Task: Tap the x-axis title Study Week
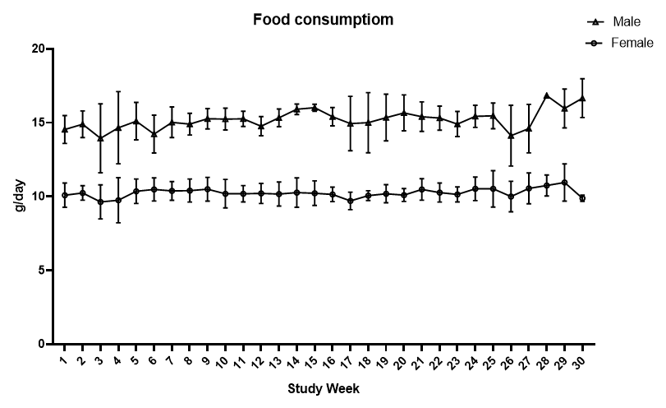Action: coord(323,387)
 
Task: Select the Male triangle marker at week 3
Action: coord(100,138)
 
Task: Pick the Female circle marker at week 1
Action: coord(65,195)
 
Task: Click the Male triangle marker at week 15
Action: coord(314,108)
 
